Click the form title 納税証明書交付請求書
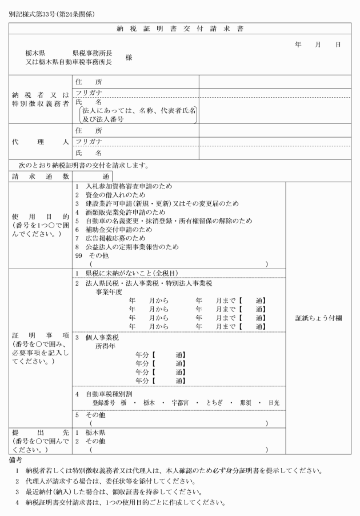[179, 28]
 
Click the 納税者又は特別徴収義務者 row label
[40, 99]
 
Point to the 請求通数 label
[40, 177]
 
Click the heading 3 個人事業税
[96, 337]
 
